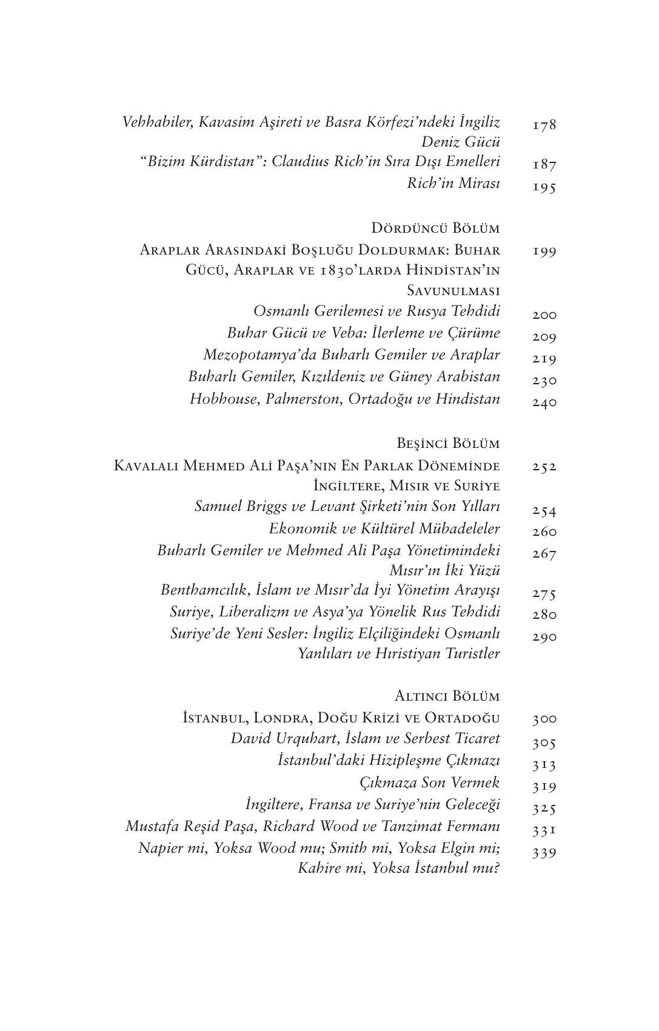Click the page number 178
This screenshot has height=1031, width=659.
click(x=544, y=125)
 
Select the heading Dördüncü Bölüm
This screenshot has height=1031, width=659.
click(x=435, y=229)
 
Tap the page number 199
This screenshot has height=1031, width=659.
click(x=544, y=251)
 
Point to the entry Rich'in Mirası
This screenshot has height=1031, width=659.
click(x=453, y=183)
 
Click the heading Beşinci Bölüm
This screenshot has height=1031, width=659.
click(x=448, y=444)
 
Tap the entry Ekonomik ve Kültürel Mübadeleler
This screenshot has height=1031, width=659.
click(x=384, y=528)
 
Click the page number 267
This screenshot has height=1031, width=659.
click(x=544, y=553)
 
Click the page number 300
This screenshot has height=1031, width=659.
click(x=544, y=719)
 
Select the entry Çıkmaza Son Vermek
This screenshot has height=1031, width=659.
click(x=429, y=782)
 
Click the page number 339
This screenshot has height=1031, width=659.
click(x=544, y=853)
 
